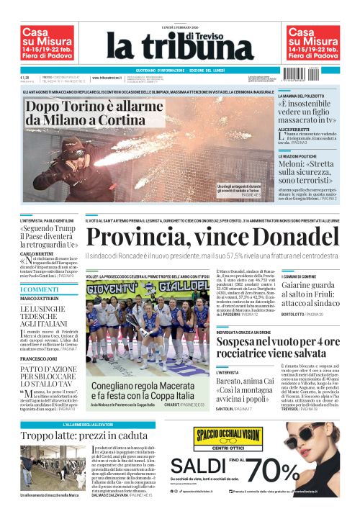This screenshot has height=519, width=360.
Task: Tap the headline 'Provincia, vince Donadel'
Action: pos(212,238)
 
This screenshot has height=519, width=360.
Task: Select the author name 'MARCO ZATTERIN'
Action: pos(40,298)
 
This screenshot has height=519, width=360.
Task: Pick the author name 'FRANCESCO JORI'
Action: pos(40,358)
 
